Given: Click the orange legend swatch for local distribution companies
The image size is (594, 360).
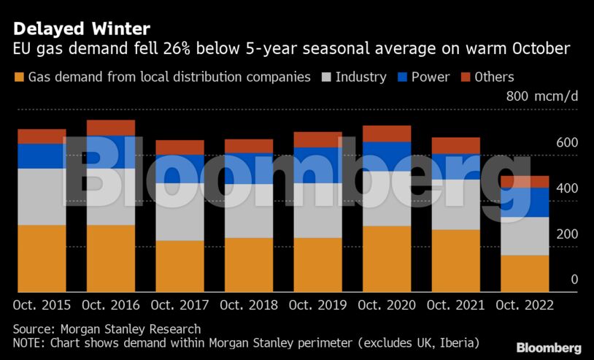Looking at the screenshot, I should coord(19,77).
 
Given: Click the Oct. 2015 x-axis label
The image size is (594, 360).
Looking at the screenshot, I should coord(42,305).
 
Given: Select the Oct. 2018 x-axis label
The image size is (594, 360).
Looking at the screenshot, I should coord(248,305).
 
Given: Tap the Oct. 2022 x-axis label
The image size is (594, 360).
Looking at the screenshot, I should coord(524,305).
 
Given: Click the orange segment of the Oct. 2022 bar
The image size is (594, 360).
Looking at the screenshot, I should coord(524,273).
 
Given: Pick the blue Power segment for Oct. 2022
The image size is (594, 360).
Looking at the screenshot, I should coord(524,202).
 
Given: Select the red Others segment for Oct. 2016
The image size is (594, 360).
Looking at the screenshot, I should coord(111,128).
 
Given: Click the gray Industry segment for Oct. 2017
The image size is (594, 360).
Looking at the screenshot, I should coord(180,212).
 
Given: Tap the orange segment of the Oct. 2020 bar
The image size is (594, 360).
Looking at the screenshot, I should coord(387,259).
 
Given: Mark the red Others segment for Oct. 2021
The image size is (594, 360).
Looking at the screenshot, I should coord(455,145).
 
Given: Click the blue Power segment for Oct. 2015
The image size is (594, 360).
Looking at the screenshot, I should coord(42,156).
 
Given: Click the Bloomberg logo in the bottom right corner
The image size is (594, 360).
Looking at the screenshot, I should coord(549,348).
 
